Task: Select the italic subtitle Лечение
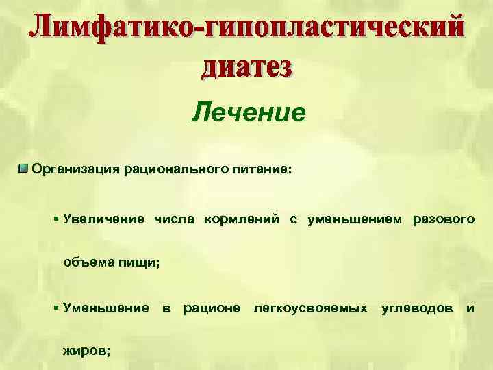tap(247, 111)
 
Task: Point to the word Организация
tap(76, 169)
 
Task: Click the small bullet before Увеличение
tap(55, 219)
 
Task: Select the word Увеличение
tap(103, 219)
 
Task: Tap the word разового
tap(443, 219)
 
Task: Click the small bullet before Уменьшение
tap(55, 308)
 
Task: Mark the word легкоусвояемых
tap(310, 308)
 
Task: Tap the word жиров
tap(86, 350)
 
